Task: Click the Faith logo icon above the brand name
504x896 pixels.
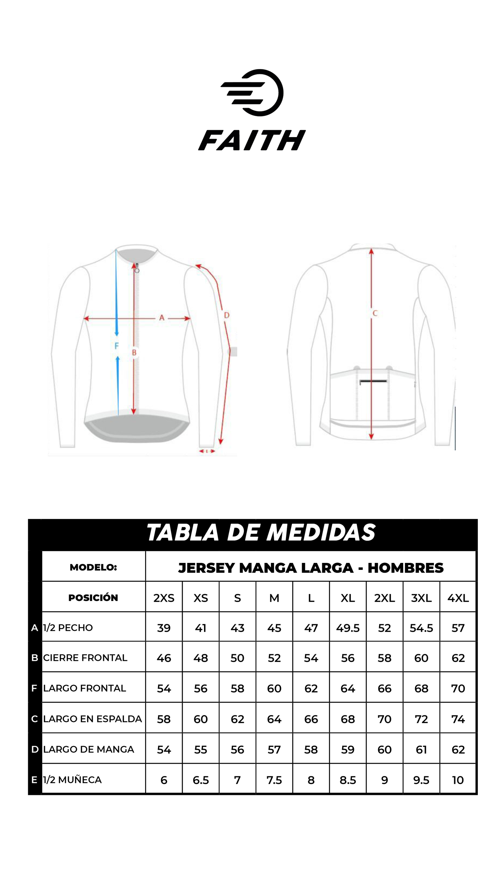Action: pos(252,92)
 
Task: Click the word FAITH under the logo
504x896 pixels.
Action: pos(252,140)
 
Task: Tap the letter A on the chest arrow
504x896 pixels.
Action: pos(161,318)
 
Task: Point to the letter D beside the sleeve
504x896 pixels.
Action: pos(227,315)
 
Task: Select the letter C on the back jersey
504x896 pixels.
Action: pos(375,313)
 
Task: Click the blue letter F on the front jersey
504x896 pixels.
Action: pos(116,346)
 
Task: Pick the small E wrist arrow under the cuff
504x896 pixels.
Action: pos(207,451)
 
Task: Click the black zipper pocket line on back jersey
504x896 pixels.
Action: pos(373,381)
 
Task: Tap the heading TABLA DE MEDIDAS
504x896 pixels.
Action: pos(261,533)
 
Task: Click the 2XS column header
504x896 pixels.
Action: pos(164,598)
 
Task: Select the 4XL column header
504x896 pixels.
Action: pos(458,598)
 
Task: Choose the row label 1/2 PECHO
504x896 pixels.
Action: pos(68,628)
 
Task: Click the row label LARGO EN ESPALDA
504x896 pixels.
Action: pos(92,719)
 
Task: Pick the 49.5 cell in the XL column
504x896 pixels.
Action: pos(348,628)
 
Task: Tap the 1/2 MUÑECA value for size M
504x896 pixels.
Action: pos(274,780)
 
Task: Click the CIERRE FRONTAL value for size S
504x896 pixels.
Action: pos(238,658)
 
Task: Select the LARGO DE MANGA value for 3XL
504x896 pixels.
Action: pos(421,750)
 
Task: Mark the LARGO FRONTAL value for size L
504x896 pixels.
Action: pos(311,688)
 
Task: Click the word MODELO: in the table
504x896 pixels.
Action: pos(93,567)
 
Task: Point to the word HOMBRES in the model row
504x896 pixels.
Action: pos(406,568)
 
